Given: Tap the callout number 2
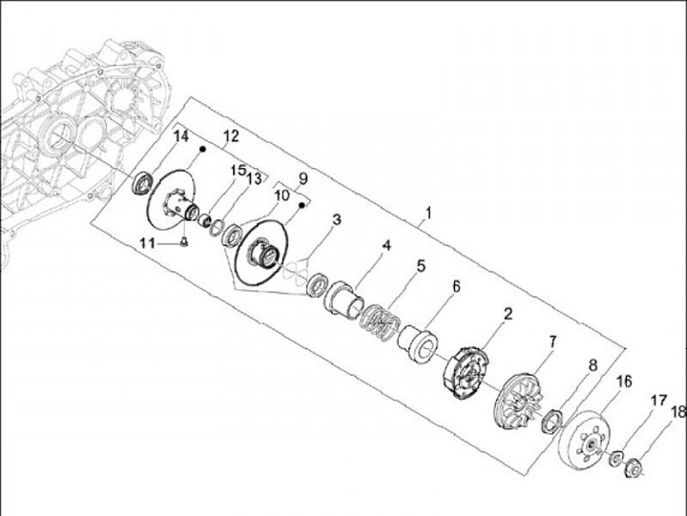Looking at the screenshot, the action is (509, 313).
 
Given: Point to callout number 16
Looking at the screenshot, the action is (625, 382).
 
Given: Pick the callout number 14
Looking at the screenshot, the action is (181, 137).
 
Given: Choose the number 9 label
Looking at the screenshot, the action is (302, 178).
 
